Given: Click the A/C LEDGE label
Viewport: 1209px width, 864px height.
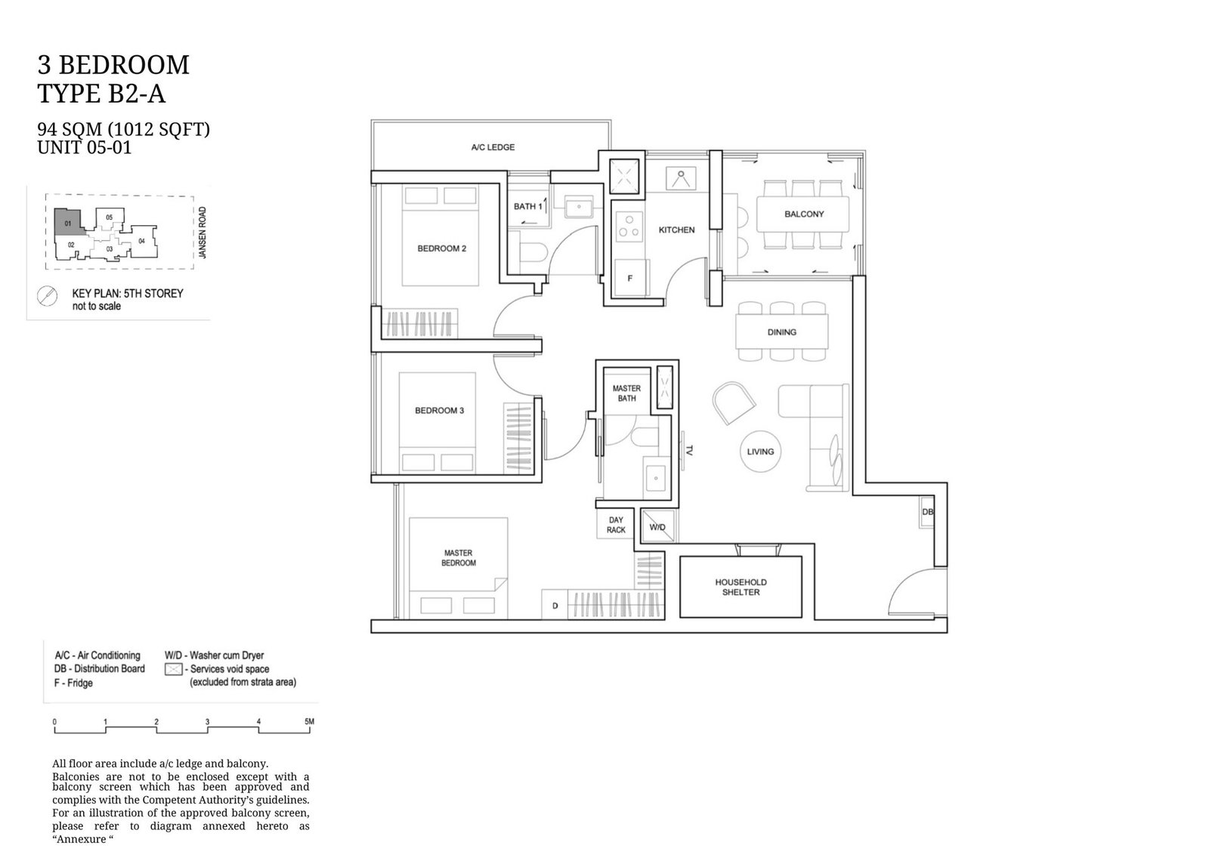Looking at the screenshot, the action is (x=493, y=147).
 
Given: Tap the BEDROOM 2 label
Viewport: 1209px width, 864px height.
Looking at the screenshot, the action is (x=441, y=248).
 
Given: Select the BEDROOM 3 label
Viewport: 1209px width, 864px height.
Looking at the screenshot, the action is (x=439, y=410).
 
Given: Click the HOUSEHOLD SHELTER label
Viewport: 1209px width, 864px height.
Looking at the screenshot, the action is (x=741, y=588).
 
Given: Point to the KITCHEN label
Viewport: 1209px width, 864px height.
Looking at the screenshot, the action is (x=676, y=230).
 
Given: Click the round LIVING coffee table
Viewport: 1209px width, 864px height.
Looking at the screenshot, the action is (x=760, y=452).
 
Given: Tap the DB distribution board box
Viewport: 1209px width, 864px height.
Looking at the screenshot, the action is (x=927, y=511).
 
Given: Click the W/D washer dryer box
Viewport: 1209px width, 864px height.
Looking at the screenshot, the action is (x=657, y=526).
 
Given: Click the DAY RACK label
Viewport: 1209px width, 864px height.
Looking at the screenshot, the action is (x=616, y=526).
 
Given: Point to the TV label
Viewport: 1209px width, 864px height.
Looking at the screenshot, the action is (x=688, y=450).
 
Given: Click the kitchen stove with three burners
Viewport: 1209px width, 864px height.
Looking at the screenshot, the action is (x=629, y=226).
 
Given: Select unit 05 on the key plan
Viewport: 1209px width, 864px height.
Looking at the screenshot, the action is (x=109, y=218).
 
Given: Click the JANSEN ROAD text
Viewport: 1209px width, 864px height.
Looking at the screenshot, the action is (x=203, y=233).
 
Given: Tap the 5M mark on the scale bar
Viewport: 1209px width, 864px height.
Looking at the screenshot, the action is (x=309, y=721).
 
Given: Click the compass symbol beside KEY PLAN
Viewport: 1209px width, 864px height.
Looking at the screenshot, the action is (x=47, y=296).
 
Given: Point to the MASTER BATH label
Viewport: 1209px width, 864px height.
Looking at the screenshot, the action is (x=626, y=393).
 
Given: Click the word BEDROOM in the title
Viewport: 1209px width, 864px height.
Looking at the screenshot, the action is (x=124, y=65).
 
